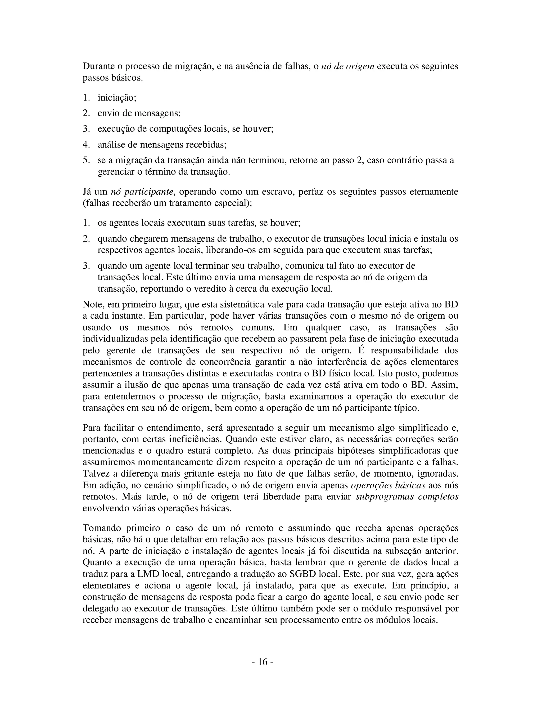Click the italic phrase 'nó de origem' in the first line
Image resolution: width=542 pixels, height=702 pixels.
click(348, 66)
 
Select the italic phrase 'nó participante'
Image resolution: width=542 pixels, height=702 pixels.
click(142, 192)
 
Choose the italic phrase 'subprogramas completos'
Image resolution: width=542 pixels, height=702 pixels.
click(407, 497)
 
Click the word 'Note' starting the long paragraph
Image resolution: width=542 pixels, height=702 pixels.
click(93, 304)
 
